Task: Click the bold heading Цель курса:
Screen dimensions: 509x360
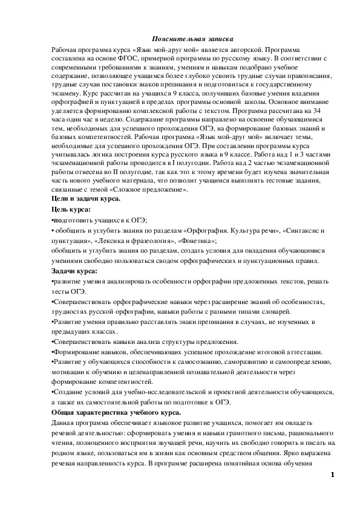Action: pyautogui.click(x=70, y=209)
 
